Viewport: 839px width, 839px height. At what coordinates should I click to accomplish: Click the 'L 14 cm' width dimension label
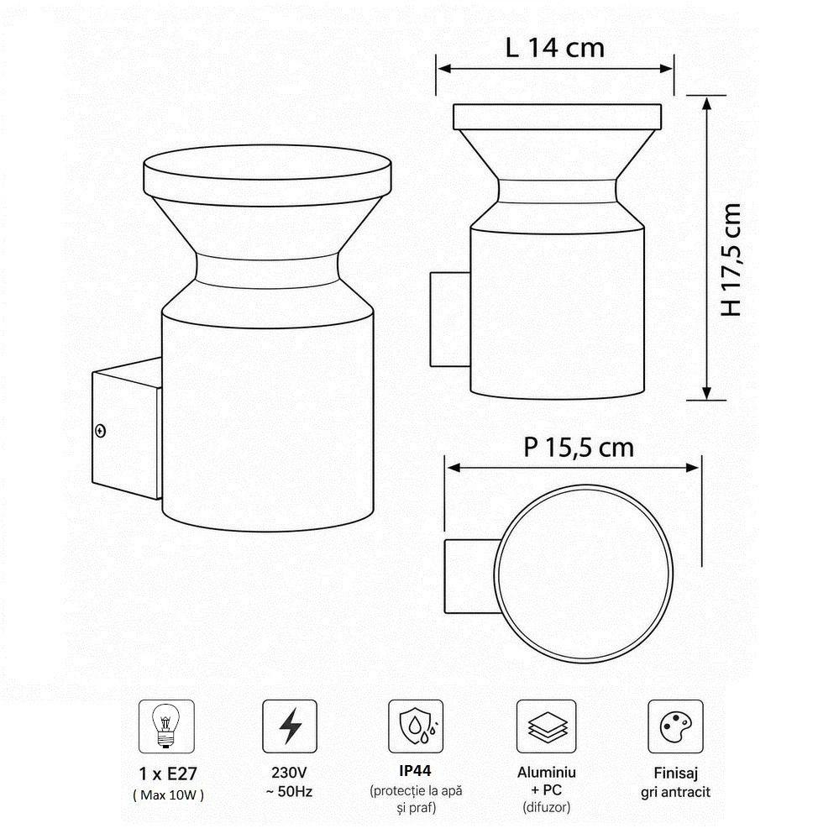(555, 48)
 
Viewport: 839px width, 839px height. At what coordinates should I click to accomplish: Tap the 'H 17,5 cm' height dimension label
(731, 260)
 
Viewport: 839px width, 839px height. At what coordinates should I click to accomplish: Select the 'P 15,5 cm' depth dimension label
(579, 448)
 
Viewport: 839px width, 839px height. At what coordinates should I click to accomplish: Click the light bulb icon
(166, 726)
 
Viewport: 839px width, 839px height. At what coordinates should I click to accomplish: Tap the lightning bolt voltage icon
(290, 726)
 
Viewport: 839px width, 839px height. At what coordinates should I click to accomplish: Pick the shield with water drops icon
(417, 726)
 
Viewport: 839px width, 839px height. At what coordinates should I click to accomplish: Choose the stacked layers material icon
(547, 726)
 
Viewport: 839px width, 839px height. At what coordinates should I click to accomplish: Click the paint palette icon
(676, 726)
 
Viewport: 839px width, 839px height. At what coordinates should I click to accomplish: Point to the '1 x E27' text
(168, 773)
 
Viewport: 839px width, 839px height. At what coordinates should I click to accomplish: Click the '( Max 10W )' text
(168, 795)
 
